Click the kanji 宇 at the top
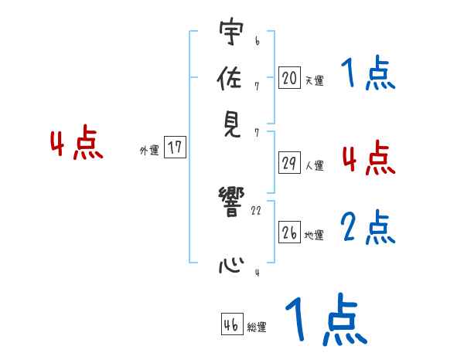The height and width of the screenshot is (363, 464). pyautogui.click(x=230, y=32)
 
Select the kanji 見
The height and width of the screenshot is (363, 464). pyautogui.click(x=230, y=126)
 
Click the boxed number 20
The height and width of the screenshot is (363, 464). pyautogui.click(x=289, y=78)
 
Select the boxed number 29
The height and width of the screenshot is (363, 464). pyautogui.click(x=289, y=163)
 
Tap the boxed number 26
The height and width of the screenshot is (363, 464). pyautogui.click(x=289, y=233)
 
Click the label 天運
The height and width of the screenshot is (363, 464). pyautogui.click(x=314, y=80)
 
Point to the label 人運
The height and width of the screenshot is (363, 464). pyautogui.click(x=314, y=165)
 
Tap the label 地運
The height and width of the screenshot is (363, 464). pyautogui.click(x=314, y=235)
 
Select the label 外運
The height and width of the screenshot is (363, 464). pyautogui.click(x=149, y=151)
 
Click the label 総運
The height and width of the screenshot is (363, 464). pyautogui.click(x=257, y=327)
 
